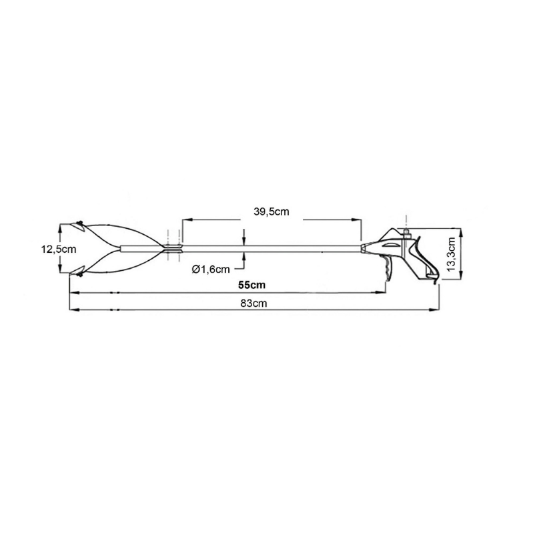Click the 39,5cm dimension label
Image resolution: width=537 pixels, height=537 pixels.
272,211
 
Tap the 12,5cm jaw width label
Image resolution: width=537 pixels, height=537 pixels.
59,249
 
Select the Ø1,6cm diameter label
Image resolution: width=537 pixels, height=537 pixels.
211,270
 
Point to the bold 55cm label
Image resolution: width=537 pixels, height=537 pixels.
251,285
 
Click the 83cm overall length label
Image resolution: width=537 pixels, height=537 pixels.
253,303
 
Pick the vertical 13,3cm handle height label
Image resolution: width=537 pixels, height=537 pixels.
452,254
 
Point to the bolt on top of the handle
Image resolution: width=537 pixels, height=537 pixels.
406,233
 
